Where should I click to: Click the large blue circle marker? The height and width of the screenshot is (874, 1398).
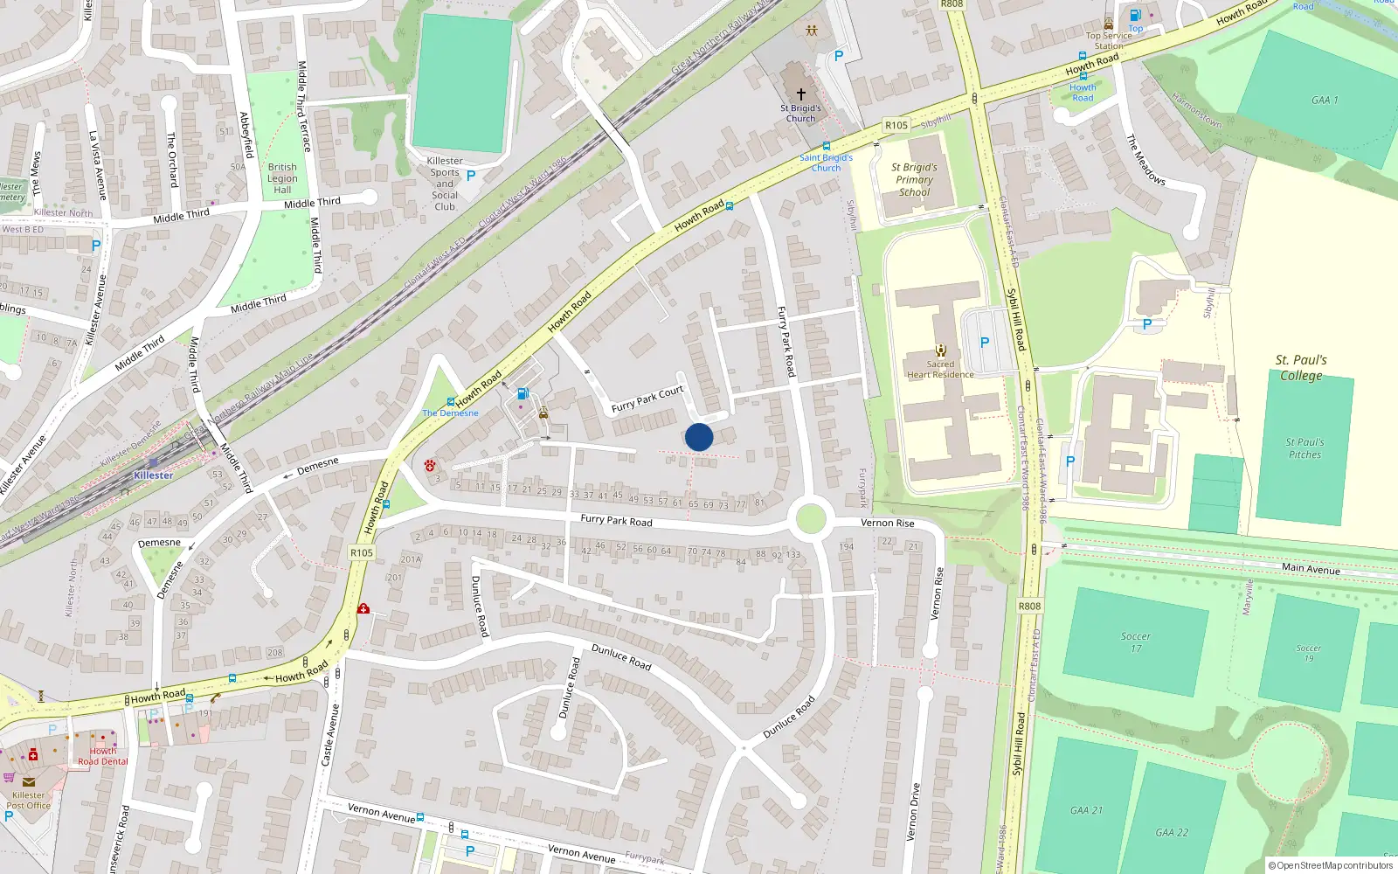point(699,437)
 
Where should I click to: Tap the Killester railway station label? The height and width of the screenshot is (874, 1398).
point(153,475)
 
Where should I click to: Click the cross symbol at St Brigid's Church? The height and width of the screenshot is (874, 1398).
point(800,94)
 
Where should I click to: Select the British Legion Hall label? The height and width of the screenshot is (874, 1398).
point(282,178)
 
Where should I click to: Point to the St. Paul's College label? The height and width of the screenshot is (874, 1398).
point(1301,367)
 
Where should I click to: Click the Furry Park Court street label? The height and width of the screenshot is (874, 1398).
point(647,399)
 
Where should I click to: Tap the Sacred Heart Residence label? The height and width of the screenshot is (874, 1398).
point(940,370)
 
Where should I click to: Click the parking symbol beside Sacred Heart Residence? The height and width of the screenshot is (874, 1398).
point(985,343)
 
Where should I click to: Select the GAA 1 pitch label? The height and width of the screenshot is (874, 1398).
point(1325,101)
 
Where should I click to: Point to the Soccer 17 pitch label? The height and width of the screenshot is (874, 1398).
point(1136,642)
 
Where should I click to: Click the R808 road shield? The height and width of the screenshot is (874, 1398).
point(1030,606)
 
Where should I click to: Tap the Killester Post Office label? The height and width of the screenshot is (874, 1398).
point(28,800)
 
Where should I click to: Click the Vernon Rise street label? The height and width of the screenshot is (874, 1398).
point(887,523)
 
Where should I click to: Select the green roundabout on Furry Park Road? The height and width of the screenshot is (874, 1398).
point(811,518)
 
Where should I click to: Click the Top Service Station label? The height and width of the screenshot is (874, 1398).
point(1109,40)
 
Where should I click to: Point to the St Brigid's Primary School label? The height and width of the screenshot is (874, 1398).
point(914,179)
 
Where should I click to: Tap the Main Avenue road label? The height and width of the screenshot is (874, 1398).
point(1311,569)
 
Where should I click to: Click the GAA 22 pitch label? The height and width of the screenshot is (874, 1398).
point(1172,833)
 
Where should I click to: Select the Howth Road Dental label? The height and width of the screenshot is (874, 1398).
point(102,756)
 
